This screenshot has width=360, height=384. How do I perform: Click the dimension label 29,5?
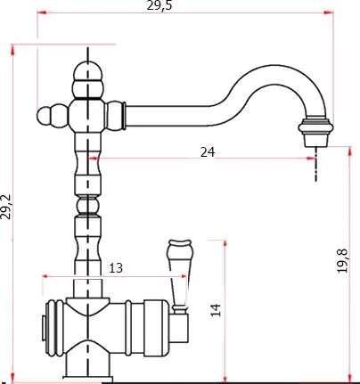[160, 6]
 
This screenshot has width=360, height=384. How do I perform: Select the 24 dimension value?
[208, 152]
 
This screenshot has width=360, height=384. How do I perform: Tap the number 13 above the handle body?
[116, 268]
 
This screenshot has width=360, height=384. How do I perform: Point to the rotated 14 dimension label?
[216, 310]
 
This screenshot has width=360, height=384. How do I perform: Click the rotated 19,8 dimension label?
[342, 261]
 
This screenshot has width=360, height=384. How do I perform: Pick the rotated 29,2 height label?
[6, 207]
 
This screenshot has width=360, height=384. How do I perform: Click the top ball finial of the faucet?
[88, 70]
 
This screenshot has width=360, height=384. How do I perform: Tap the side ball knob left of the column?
[44, 116]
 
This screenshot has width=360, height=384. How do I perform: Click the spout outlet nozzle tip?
[316, 140]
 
